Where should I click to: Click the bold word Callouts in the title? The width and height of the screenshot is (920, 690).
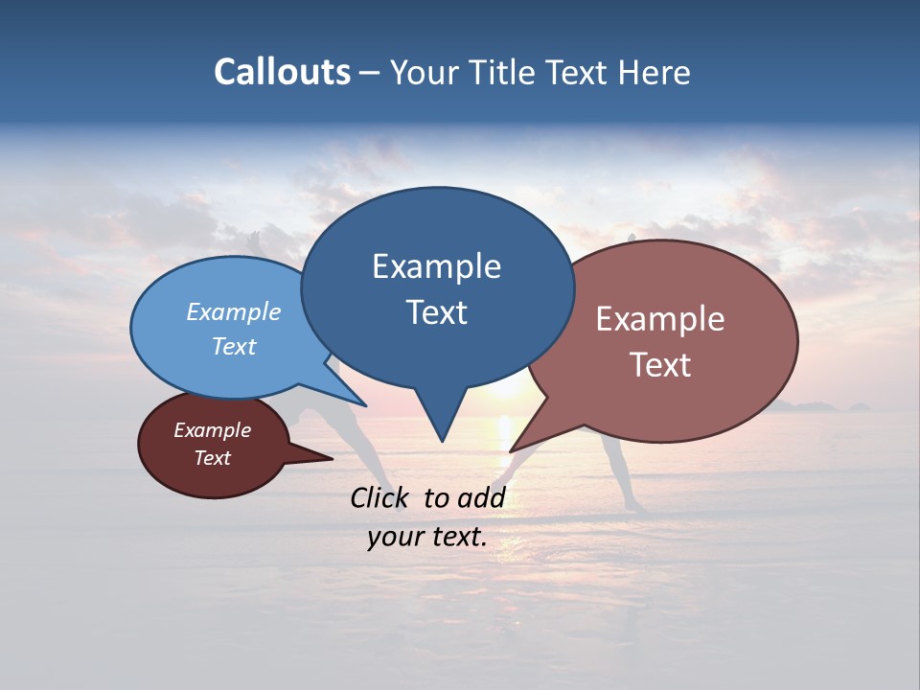coord(282,72)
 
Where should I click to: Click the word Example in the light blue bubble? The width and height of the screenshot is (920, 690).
coord(234,311)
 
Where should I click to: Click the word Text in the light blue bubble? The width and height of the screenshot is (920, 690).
coord(234,346)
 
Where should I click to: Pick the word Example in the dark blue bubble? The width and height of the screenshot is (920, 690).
coord(436,266)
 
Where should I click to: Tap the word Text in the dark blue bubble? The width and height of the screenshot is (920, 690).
coord(436,311)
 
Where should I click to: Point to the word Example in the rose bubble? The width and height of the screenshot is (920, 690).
coord(660,319)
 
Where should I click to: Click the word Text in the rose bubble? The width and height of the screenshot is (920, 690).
coord(660,364)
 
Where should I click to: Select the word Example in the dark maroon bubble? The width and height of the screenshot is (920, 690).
coord(212,430)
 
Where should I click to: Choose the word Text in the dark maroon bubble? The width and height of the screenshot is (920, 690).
coord(212,458)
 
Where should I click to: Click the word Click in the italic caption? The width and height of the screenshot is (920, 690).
coord(382,497)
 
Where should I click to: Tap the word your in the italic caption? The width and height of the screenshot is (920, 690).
coord(392,537)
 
